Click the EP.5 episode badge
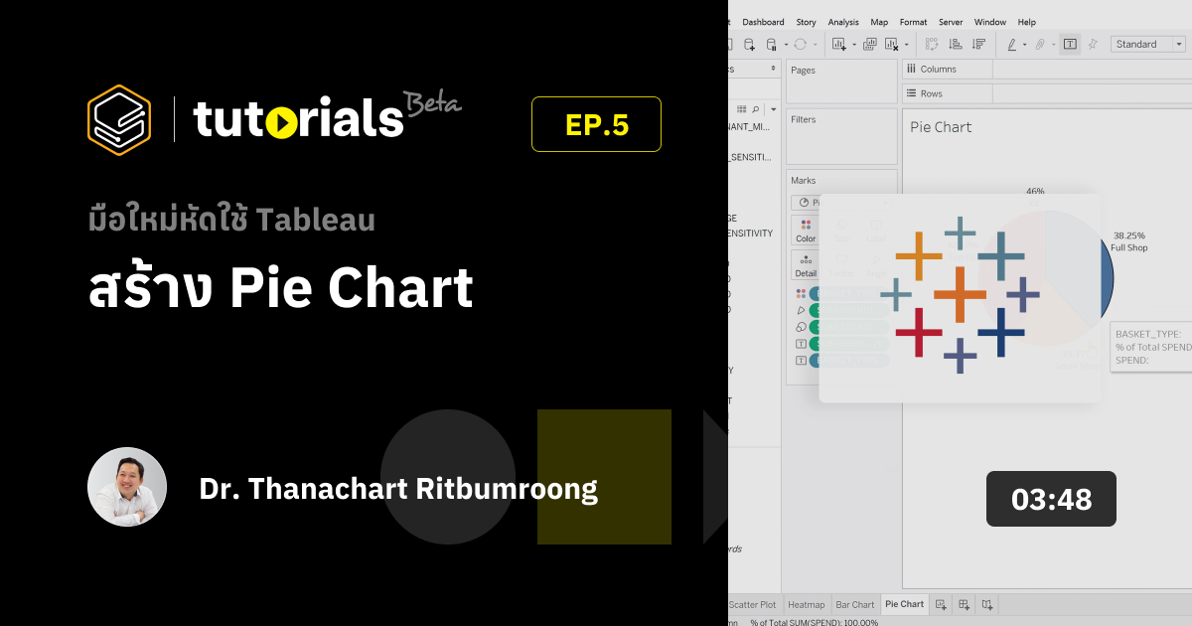[596, 124]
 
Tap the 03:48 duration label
[1051, 499]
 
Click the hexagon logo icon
[119, 120]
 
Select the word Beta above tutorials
[432, 103]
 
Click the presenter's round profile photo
[127, 487]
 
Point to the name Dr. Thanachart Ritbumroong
[398, 489]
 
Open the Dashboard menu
[763, 22]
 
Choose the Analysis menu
[843, 22]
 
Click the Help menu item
[1027, 22]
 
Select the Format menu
[913, 22]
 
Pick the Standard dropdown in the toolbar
[1148, 44]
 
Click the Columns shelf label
[938, 70]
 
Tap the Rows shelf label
[931, 93]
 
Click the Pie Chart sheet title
[941, 127]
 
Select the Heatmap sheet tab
[806, 604]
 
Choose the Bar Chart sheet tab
[854, 604]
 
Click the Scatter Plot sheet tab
[752, 604]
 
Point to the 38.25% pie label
[1129, 235]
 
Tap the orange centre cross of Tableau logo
[960, 295]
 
